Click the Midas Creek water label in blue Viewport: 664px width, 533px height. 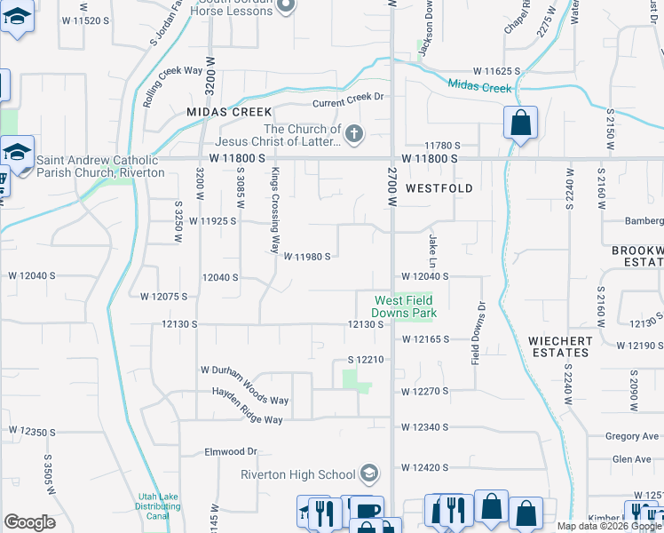479,87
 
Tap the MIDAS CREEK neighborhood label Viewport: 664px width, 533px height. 228,112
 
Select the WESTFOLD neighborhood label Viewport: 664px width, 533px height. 439,188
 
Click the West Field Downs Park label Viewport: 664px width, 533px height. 405,306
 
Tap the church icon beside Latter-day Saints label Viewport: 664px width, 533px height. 353,134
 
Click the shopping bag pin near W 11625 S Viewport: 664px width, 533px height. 520,123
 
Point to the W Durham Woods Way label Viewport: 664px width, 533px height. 244,370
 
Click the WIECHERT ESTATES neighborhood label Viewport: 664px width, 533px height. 558,346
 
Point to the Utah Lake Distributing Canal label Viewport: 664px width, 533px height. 160,506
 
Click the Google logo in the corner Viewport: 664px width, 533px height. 29,522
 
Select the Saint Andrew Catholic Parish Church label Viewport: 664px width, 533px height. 99,166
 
